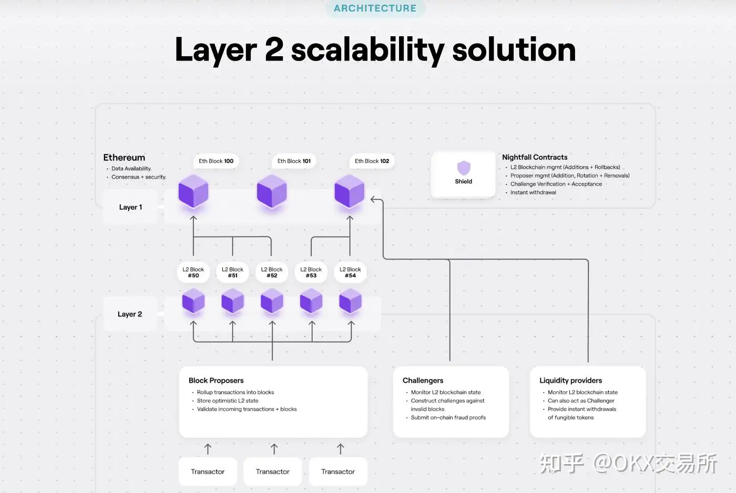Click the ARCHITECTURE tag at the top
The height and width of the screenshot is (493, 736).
375,8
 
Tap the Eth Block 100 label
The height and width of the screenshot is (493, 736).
216,161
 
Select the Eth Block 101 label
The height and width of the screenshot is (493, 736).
294,161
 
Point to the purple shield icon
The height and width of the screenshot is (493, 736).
464,168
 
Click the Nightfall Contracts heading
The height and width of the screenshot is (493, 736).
535,157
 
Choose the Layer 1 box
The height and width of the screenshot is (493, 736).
130,207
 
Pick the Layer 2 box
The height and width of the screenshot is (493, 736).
130,314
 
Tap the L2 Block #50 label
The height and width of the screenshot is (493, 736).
193,272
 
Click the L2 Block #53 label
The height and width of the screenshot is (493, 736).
311,272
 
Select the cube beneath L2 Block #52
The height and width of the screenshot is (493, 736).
272,301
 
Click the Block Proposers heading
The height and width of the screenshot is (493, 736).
216,381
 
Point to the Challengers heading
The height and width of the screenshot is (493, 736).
423,381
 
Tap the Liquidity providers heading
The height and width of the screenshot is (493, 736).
570,381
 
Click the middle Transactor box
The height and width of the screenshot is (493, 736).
273,471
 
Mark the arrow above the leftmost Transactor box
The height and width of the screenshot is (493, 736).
208,449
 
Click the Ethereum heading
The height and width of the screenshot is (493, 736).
124,157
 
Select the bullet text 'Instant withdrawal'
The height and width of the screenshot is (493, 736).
533,192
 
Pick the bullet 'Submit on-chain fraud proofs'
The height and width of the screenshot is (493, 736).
448,417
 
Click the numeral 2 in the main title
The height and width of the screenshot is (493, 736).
274,49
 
